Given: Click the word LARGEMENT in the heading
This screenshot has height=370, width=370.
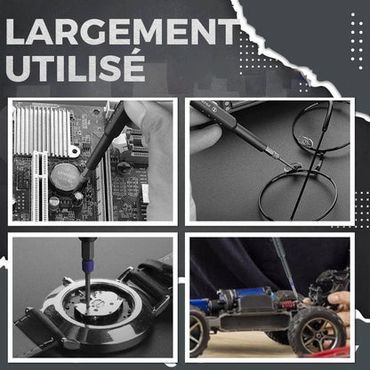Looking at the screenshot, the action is click(x=123, y=31).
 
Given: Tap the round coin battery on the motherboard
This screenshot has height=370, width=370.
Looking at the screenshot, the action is click(x=64, y=177).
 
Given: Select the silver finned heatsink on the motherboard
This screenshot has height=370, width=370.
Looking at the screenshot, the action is click(x=42, y=129).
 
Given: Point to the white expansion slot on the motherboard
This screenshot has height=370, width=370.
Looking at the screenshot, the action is click(x=40, y=186).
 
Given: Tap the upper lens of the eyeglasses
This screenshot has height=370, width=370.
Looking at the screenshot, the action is click(x=322, y=126).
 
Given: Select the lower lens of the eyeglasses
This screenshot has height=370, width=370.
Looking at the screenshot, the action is click(x=297, y=195).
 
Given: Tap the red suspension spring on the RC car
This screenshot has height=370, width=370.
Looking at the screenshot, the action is click(x=287, y=304).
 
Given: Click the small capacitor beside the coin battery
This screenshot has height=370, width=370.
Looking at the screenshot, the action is click(x=77, y=197).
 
